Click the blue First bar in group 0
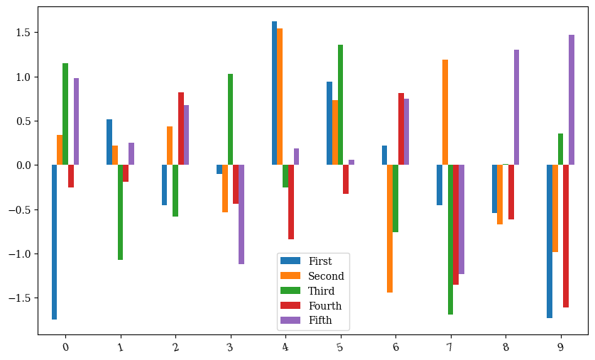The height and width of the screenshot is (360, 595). tap(54, 242)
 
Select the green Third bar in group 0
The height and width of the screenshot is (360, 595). tap(65, 114)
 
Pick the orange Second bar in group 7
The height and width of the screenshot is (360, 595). tap(445, 112)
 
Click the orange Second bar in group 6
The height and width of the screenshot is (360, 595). tap(390, 229)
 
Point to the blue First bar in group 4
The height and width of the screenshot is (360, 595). tap(274, 93)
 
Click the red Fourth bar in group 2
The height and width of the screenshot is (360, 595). tap(181, 129)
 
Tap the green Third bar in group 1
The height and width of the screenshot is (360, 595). tap(120, 212)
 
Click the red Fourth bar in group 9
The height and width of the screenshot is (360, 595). tap(566, 236)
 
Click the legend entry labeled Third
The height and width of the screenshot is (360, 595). tap(321, 291)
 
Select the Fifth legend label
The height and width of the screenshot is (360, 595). tap(320, 321)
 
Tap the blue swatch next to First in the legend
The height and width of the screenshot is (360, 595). tap(291, 261)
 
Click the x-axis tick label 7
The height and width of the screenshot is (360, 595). tap(450, 347)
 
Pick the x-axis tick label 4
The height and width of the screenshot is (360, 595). tap(285, 347)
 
